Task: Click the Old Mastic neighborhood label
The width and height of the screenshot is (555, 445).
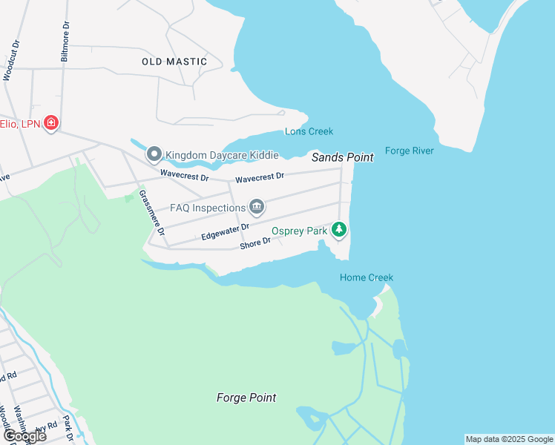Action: click(x=174, y=62)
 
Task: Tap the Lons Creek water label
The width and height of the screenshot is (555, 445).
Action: click(x=309, y=131)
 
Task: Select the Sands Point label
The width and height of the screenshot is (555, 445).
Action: click(x=342, y=157)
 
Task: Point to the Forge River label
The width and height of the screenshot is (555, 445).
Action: click(x=410, y=151)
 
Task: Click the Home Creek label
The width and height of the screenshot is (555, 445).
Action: click(x=366, y=277)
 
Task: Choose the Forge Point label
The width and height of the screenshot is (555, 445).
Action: click(x=246, y=398)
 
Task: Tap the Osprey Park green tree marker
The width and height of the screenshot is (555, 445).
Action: click(x=339, y=230)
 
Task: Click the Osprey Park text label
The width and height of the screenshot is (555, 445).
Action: click(x=299, y=231)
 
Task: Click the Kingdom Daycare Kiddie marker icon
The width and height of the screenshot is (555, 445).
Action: click(x=154, y=154)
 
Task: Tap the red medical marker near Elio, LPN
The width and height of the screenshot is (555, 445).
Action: click(x=50, y=122)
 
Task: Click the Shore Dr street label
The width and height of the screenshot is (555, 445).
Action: click(x=255, y=244)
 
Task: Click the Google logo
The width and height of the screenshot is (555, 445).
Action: click(x=25, y=436)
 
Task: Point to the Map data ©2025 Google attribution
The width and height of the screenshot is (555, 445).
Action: click(x=509, y=439)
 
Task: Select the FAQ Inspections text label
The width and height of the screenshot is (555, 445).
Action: click(x=208, y=208)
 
